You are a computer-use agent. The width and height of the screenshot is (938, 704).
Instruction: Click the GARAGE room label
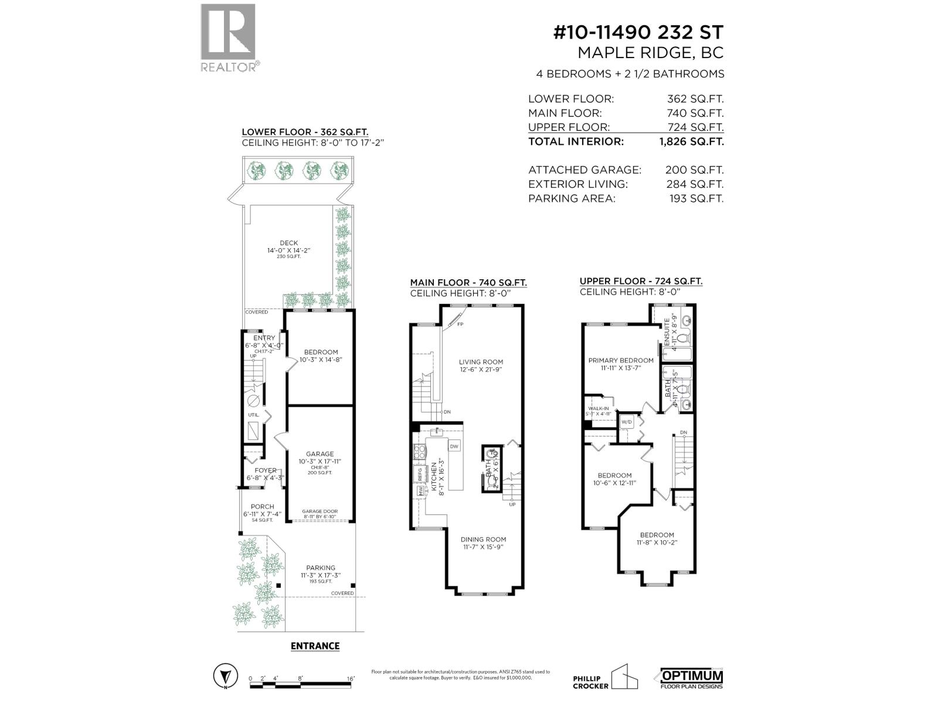[320, 453]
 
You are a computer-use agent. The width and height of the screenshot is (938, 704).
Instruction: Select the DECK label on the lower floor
[288, 243]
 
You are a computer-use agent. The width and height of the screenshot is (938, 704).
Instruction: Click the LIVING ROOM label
[481, 362]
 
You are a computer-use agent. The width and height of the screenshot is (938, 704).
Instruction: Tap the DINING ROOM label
[483, 539]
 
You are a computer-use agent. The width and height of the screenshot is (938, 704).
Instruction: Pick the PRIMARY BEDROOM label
[621, 360]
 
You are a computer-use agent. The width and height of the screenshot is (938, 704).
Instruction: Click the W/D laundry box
[627, 422]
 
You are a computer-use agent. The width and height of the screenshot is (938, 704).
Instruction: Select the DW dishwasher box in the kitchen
[454, 446]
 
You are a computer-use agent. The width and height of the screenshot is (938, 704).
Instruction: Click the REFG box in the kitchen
[420, 473]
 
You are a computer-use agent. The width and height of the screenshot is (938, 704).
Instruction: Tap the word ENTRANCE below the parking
[315, 646]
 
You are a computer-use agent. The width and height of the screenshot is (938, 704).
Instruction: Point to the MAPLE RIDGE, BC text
[650, 53]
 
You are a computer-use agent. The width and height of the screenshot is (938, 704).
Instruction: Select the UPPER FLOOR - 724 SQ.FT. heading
[641, 282]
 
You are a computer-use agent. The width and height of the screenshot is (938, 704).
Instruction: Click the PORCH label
[262, 506]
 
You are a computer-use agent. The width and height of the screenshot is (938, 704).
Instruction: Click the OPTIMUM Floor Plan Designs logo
[692, 679]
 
